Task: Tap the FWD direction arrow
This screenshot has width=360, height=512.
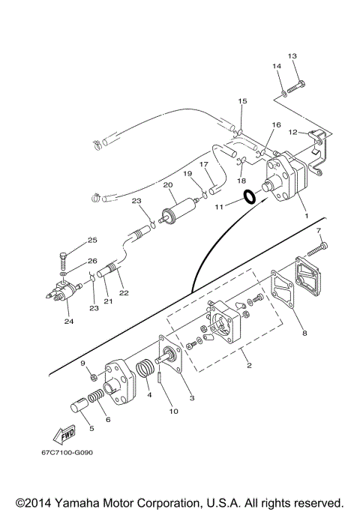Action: pos(64,435)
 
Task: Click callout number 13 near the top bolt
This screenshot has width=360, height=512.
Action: pos(292,55)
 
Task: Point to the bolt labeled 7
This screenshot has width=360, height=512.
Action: pos(317,257)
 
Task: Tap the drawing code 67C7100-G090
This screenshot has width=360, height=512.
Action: pos(67,453)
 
